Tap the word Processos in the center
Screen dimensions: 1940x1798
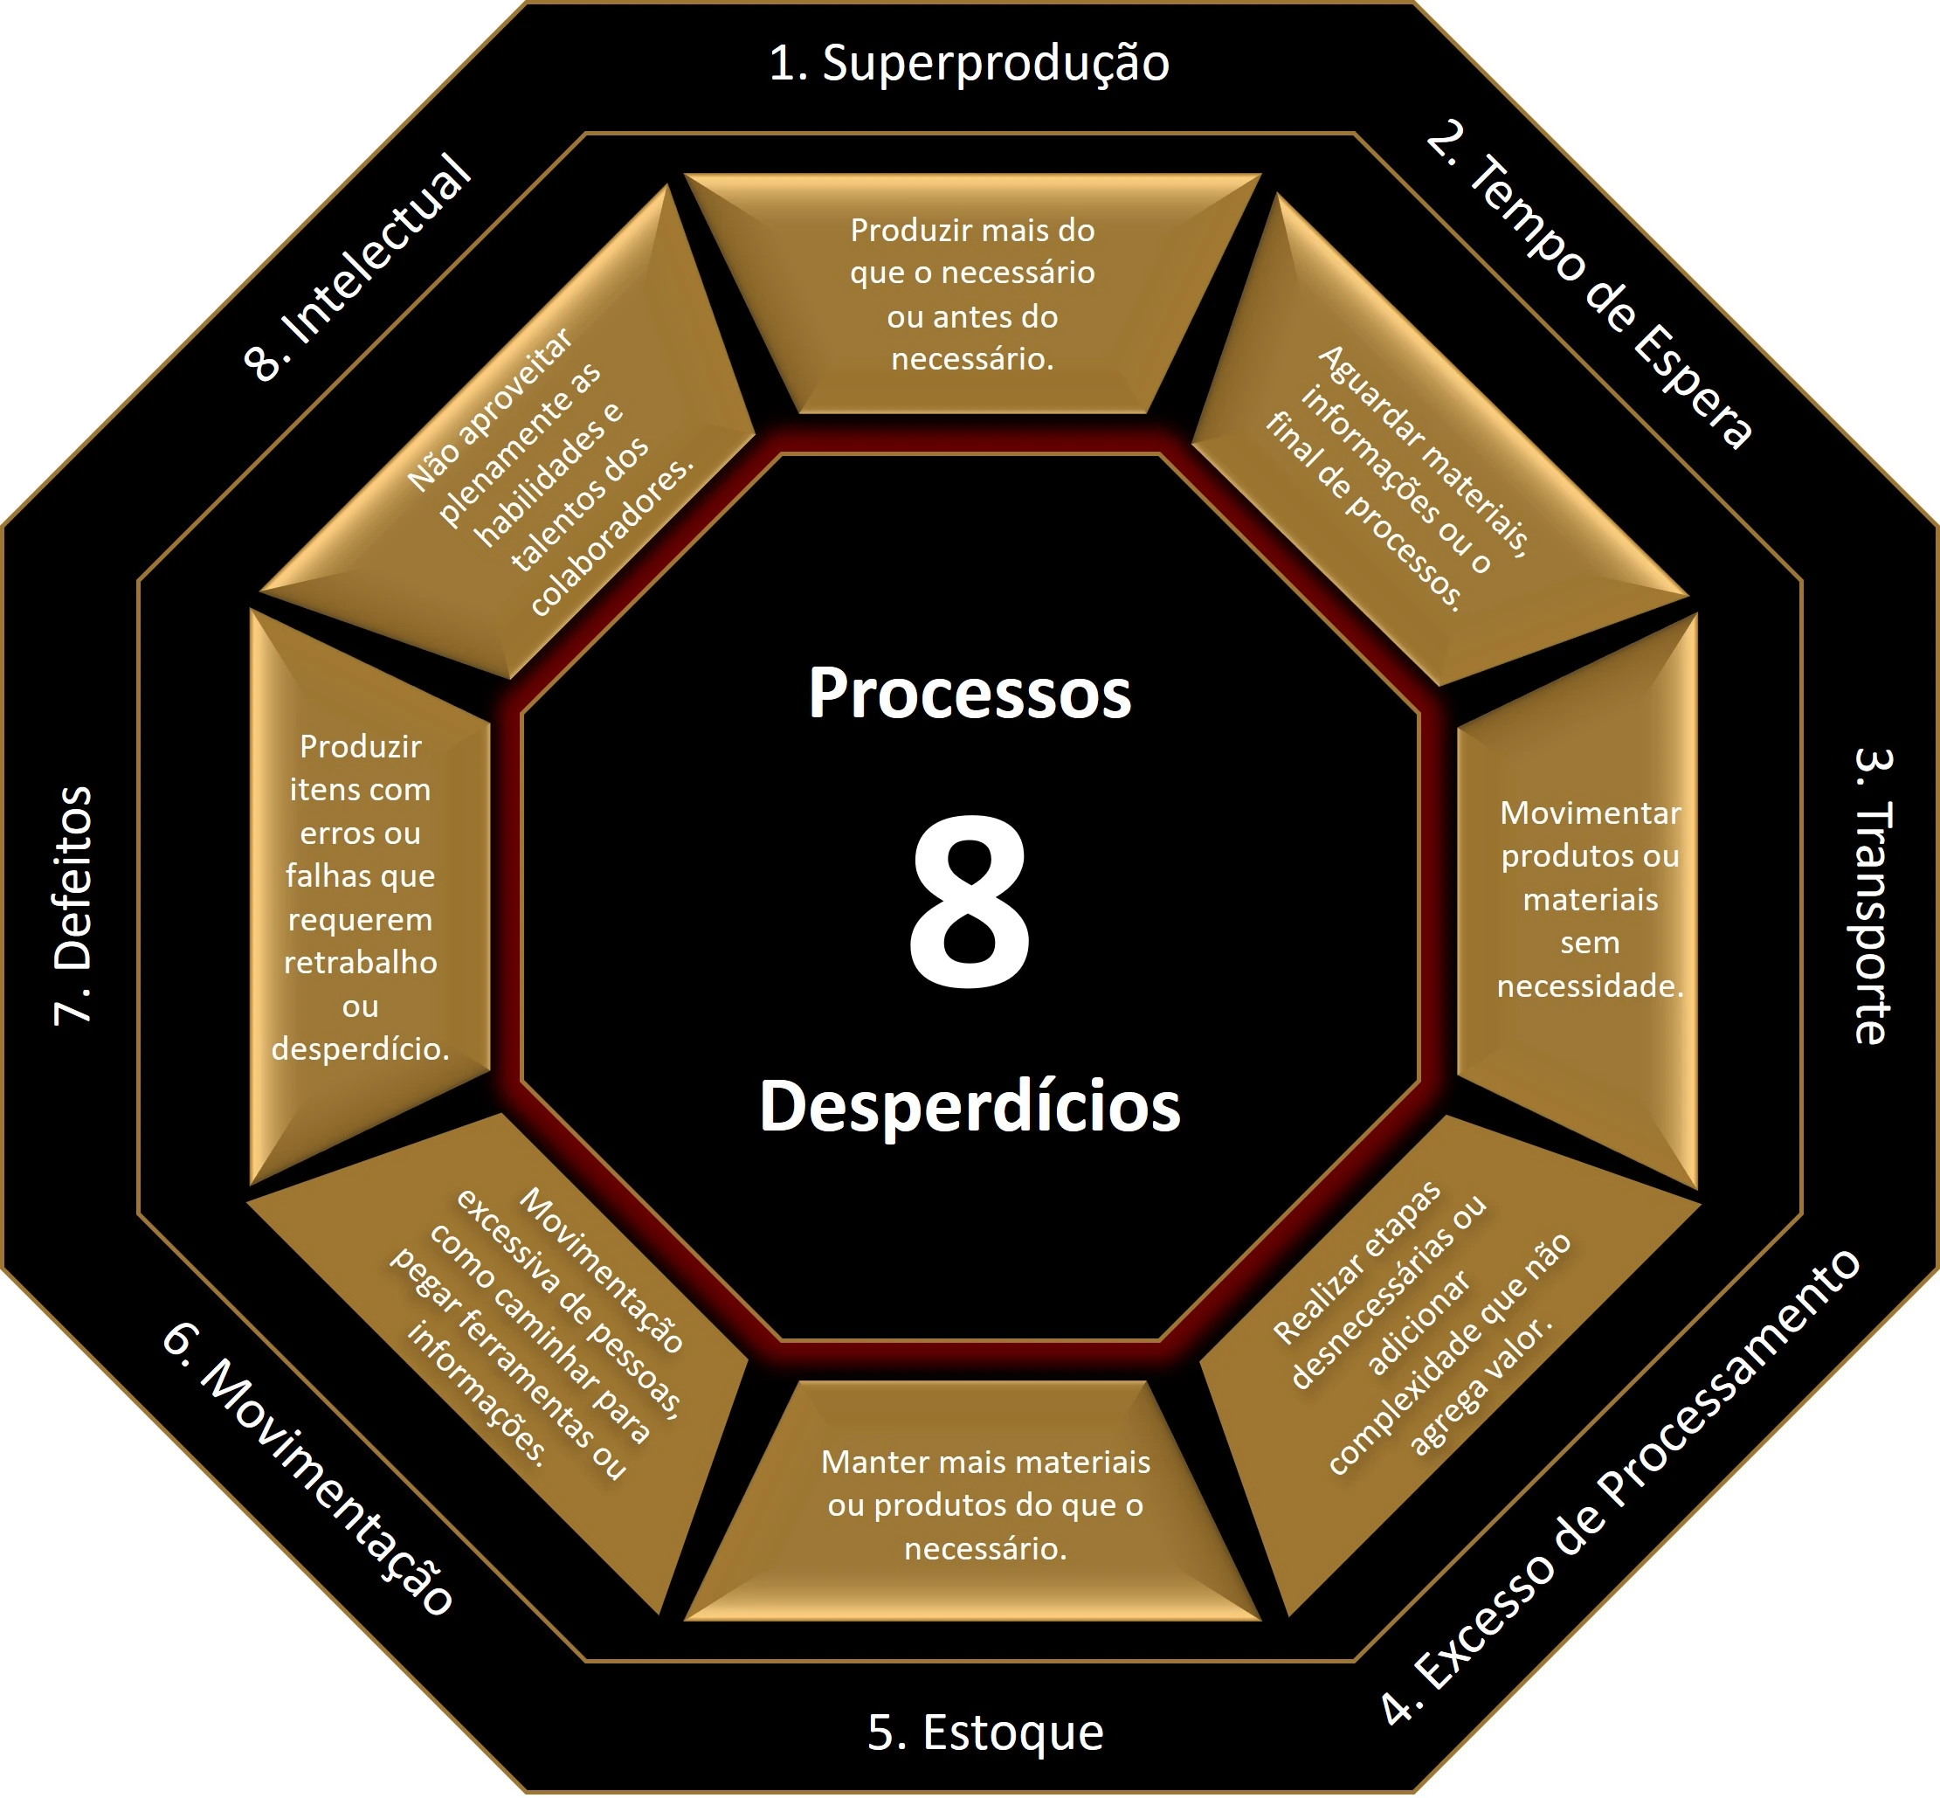point(970,693)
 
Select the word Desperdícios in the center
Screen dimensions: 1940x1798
point(970,1106)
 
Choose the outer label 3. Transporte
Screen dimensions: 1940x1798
point(1872,896)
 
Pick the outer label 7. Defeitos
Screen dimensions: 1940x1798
point(73,906)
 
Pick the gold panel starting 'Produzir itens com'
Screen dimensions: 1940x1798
point(369,897)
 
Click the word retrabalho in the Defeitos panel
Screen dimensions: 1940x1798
point(361,963)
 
